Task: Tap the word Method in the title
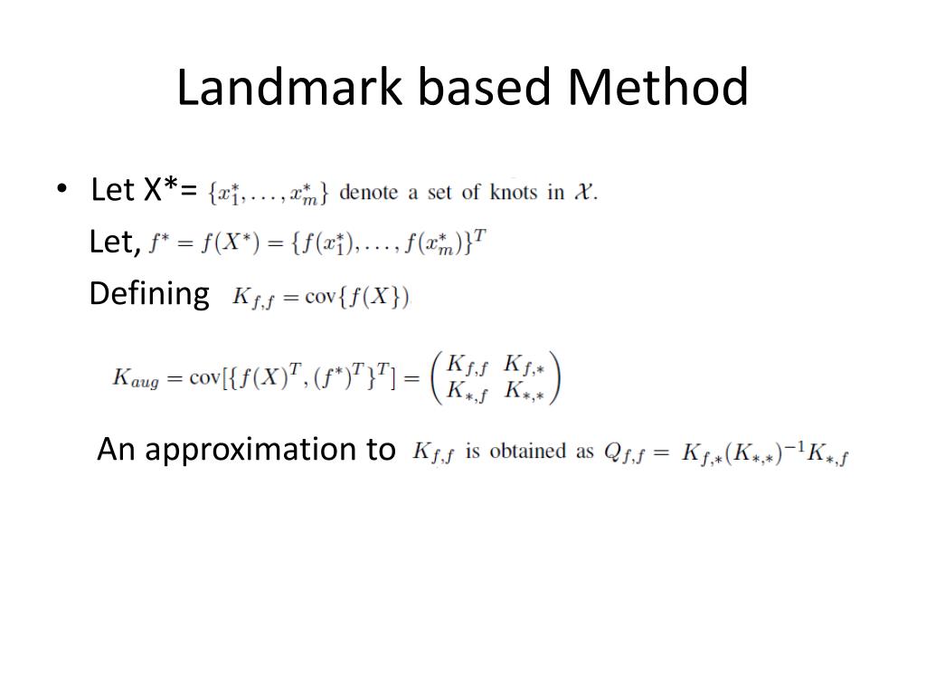point(658,88)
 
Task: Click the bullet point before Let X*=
point(61,190)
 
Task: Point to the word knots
point(513,192)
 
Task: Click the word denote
point(368,192)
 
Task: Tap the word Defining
point(148,294)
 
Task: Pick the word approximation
point(270,449)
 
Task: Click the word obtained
point(528,451)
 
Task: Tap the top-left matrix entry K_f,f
point(468,365)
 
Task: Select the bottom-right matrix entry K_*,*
point(524,392)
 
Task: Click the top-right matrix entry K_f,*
point(524,365)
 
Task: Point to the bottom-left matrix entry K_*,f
point(468,392)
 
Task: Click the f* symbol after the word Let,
point(159,243)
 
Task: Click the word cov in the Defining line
point(320,297)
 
